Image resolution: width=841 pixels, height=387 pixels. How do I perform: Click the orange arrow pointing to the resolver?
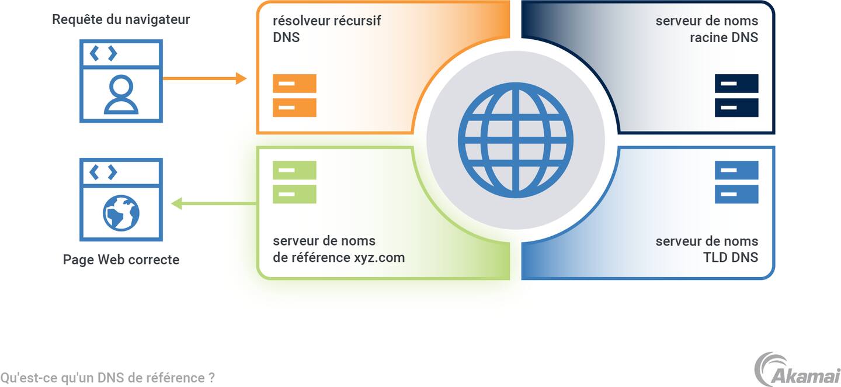tap(204, 78)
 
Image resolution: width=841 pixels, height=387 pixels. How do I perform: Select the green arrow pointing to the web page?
tap(213, 203)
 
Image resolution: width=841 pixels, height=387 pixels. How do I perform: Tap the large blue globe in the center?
tap(515, 140)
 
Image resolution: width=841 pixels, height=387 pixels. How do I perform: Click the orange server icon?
tap(294, 95)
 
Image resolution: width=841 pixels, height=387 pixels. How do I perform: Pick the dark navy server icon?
tap(736, 95)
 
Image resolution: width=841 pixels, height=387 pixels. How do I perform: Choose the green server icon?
tap(294, 182)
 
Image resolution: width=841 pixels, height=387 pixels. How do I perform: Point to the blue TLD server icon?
tap(736, 182)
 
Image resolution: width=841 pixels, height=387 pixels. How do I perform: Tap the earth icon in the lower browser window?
tap(121, 213)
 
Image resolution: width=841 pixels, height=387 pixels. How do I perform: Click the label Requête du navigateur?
tap(121, 19)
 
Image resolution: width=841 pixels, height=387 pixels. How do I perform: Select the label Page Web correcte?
tap(121, 260)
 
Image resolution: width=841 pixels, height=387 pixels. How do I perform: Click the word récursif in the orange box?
tap(357, 20)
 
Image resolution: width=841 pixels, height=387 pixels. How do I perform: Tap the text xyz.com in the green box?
tap(379, 258)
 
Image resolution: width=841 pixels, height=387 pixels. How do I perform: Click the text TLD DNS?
tap(731, 258)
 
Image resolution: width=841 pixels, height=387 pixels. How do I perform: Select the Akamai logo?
tap(797, 369)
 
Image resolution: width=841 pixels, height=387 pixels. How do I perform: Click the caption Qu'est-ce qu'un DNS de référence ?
tap(107, 378)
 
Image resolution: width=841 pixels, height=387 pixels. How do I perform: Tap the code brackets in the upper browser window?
tap(103, 54)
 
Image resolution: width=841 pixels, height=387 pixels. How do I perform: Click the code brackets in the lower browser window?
tap(103, 172)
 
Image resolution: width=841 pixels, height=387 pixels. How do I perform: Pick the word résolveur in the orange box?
tap(301, 20)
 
